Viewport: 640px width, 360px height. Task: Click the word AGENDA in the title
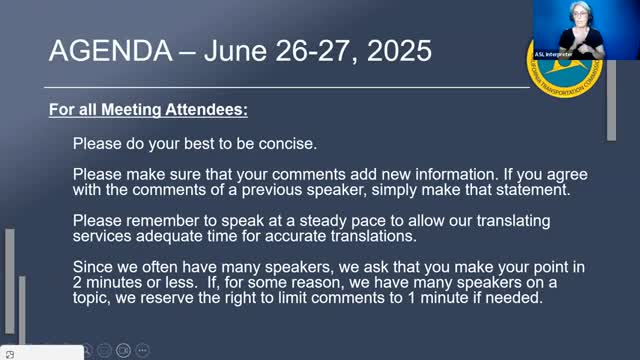coord(111,51)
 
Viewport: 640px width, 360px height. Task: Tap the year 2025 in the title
coord(399,51)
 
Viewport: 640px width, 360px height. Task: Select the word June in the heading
coord(235,51)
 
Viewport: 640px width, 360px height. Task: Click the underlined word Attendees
coord(206,110)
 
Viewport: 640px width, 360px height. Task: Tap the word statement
coord(533,190)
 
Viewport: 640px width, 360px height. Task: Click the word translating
coord(513,221)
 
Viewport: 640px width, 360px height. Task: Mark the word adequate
coord(169,236)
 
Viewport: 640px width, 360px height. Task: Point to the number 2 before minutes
coord(77,282)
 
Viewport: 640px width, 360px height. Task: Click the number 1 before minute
coord(411,298)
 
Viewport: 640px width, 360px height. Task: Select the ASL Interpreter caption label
coord(553,54)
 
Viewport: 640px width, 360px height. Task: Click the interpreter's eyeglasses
coord(580,14)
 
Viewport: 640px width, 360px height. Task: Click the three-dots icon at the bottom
coord(142,350)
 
